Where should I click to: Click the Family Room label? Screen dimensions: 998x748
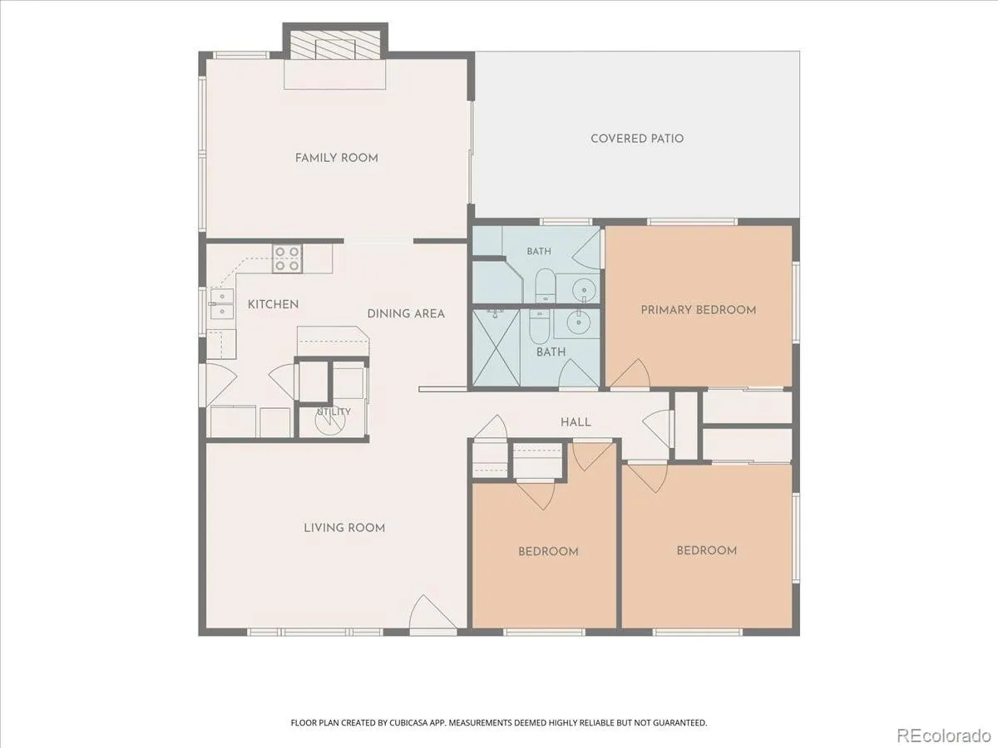tap(337, 158)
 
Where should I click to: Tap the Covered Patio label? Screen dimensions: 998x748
tap(637, 139)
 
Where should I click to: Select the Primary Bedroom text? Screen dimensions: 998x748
tap(699, 310)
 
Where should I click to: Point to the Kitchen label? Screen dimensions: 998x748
tap(274, 304)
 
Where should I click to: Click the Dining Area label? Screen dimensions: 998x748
tap(406, 313)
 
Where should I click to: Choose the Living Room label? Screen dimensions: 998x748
tap(344, 528)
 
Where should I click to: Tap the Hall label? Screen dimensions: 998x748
tap(576, 422)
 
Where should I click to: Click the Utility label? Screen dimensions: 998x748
tap(334, 411)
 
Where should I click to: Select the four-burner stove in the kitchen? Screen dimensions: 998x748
tap(287, 258)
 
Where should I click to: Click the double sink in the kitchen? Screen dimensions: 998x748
tap(222, 304)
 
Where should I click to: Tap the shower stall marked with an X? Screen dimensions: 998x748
tap(497, 348)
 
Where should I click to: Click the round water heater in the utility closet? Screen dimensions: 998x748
tap(330, 421)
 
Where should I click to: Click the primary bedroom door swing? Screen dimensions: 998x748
tap(630, 373)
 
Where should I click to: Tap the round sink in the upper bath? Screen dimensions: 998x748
tap(583, 289)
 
